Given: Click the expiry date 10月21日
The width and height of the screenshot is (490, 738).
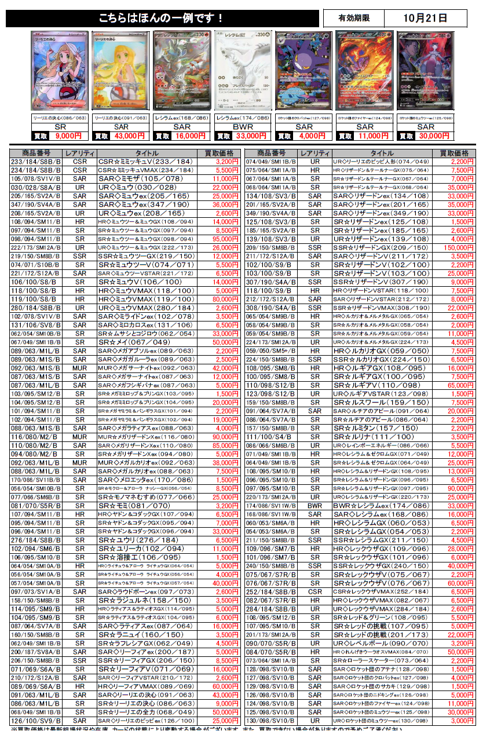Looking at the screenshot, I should [x=425, y=18].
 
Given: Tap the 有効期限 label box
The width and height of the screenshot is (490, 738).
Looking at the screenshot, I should [x=354, y=18].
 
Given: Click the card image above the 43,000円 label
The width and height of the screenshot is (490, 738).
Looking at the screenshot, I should [x=120, y=70].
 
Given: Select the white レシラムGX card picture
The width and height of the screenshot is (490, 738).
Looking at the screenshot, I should [x=243, y=70].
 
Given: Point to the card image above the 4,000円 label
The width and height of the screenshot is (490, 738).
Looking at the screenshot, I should [x=303, y=70].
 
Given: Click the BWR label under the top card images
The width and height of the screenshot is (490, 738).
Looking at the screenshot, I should [x=243, y=127].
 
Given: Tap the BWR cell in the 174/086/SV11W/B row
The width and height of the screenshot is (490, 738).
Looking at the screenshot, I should [x=315, y=505].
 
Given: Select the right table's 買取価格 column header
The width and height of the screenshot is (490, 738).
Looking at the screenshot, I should [x=455, y=153].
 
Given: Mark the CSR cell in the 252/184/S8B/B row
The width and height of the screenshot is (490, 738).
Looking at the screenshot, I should [x=315, y=592].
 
